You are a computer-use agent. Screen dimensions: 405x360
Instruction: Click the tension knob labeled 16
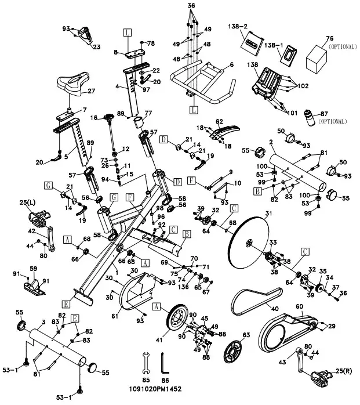pos(109,118)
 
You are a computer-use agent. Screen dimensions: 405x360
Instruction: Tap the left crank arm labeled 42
pos(50,239)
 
